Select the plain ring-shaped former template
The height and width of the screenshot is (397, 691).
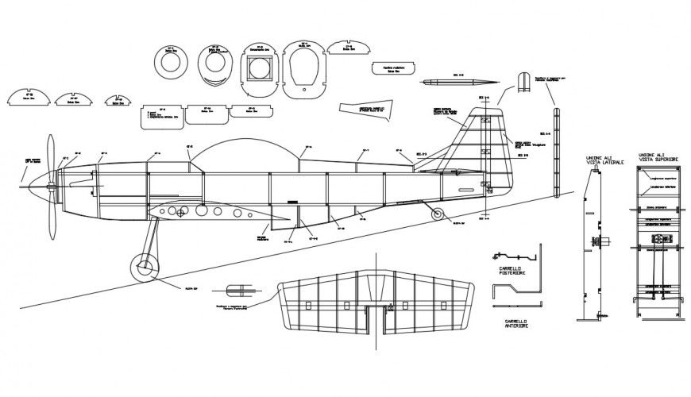click(x=171, y=60)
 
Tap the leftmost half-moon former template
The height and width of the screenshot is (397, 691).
click(x=30, y=96)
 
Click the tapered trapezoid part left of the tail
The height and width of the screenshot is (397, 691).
click(x=364, y=110)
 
